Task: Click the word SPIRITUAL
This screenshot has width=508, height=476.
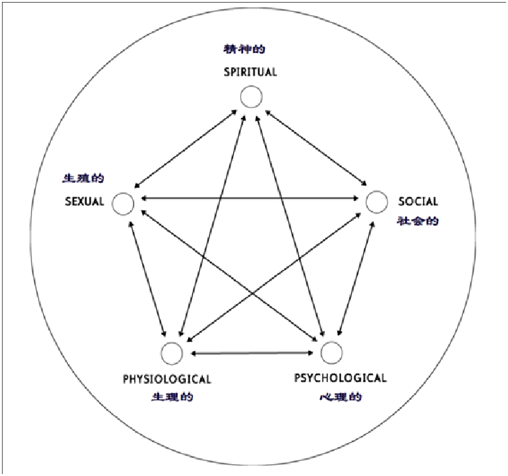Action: click(249, 72)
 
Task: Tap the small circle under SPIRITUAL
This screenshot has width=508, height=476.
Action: click(251, 97)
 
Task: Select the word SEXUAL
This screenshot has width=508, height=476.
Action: click(84, 202)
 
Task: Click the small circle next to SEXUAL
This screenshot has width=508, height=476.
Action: click(122, 204)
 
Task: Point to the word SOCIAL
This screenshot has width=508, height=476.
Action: click(418, 202)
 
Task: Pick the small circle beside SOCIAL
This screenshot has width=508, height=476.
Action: click(376, 202)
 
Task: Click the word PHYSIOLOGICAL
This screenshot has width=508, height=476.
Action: click(167, 378)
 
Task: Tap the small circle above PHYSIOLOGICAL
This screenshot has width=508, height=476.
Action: click(172, 353)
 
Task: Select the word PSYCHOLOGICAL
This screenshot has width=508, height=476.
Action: click(340, 378)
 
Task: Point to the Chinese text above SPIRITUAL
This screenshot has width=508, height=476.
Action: click(249, 49)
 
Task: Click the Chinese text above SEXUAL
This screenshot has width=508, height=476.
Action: click(83, 178)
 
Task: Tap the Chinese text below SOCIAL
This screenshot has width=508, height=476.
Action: click(417, 221)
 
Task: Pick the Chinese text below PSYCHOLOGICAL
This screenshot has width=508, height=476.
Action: click(340, 397)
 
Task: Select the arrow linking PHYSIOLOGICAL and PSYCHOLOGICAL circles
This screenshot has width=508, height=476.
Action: click(251, 354)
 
